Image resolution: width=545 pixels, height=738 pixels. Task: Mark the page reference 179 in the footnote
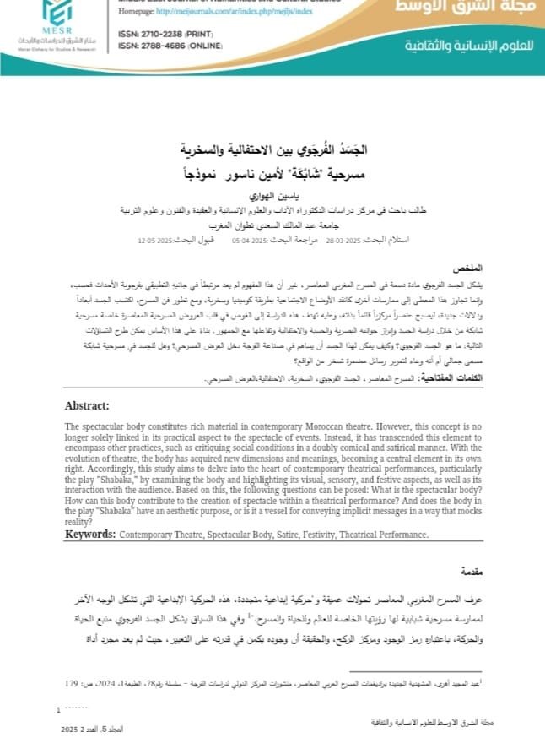pyautogui.click(x=73, y=682)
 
